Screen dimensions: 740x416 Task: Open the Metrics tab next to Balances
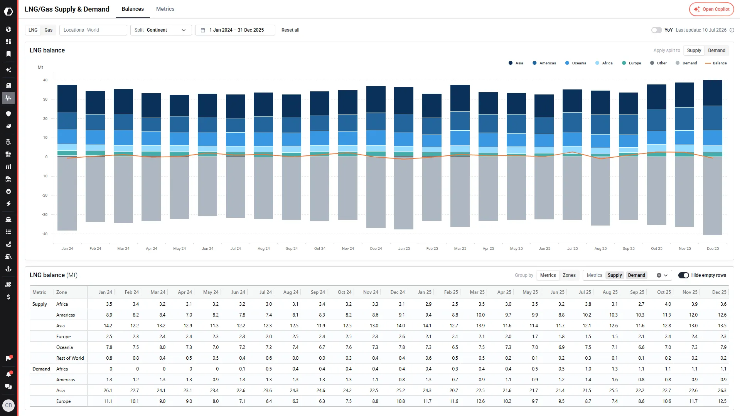[165, 9]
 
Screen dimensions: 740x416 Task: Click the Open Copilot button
[711, 9]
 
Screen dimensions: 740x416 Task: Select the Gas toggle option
[48, 30]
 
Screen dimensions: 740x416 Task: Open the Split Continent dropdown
[161, 30]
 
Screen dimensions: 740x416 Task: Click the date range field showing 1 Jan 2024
[235, 30]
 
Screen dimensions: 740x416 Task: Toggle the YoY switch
[656, 30]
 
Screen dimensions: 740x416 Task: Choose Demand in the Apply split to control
[716, 51]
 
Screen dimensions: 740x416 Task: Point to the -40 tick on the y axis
[45, 234]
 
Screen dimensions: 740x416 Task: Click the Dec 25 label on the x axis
[713, 249]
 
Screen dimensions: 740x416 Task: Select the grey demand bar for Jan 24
[67, 194]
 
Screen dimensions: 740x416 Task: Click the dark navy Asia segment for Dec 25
[713, 93]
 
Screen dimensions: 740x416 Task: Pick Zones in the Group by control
[569, 275]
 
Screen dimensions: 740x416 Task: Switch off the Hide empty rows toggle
[683, 275]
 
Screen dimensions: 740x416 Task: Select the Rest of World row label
[70, 358]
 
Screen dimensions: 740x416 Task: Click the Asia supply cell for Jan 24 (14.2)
[108, 326]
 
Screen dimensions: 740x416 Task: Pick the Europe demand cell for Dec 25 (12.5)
[722, 401]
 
